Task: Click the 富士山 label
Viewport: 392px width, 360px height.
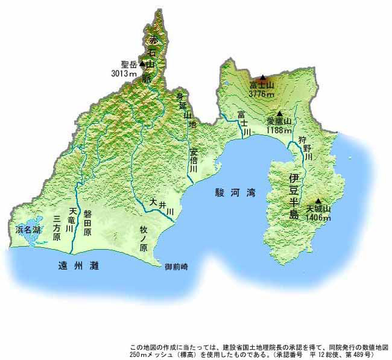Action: click(262, 86)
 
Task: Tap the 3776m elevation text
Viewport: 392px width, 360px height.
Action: click(262, 94)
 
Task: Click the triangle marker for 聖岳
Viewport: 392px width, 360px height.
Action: click(142, 63)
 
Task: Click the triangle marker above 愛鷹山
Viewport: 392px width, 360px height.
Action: click(279, 113)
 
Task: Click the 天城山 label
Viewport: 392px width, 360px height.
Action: click(318, 209)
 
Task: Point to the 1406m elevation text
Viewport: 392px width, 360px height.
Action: click(318, 218)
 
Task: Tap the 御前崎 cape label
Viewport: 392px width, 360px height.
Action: click(176, 267)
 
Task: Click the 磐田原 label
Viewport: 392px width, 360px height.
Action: click(87, 223)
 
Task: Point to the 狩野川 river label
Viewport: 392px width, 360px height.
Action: click(308, 147)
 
